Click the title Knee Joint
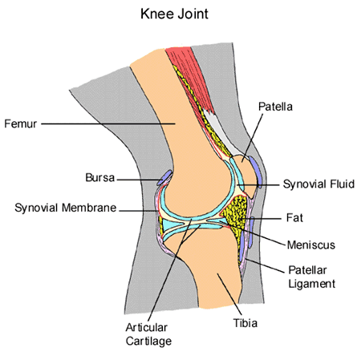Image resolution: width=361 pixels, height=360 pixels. coord(180,14)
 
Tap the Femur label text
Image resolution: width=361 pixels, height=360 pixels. coord(19,123)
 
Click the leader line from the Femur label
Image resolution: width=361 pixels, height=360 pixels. coord(104,123)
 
